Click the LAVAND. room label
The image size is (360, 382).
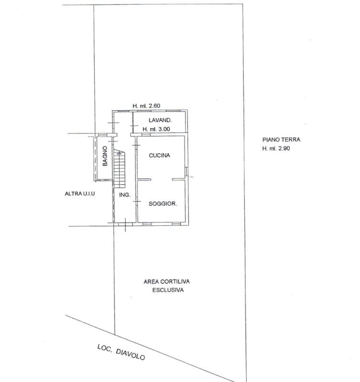pos(160,120)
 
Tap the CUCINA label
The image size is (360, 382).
pos(160,156)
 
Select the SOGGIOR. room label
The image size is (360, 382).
pos(163,204)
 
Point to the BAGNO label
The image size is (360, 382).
pos(105,156)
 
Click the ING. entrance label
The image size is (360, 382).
pos(125,195)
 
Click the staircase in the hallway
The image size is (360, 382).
pos(119,169)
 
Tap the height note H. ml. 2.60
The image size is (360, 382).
pos(146,106)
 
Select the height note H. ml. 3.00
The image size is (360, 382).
pos(156,129)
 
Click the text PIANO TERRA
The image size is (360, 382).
pos(281,139)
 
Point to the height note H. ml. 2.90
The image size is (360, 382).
pos(276,149)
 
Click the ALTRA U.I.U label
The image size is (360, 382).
pos(80,194)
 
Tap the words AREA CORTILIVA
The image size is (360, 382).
pos(166,282)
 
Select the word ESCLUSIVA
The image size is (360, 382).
pos(168,290)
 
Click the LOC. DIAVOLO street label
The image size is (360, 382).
pos(121,352)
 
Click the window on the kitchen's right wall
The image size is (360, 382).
pos(186,171)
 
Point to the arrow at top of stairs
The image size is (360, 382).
pos(119,153)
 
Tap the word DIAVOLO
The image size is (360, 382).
pos(131,355)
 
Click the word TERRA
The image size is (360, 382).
pos(291,139)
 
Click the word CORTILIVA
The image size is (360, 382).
pos(175,282)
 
